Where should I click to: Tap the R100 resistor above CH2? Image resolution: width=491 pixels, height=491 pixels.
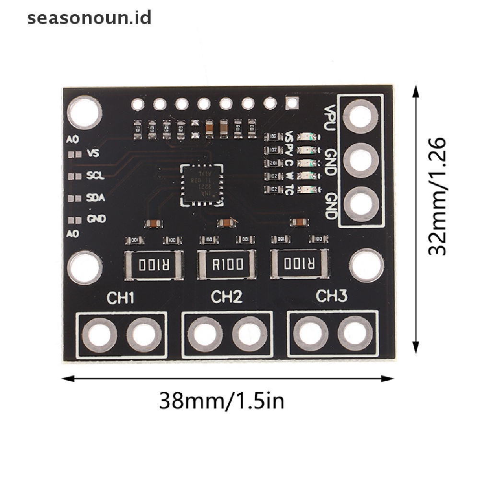[x=226, y=264]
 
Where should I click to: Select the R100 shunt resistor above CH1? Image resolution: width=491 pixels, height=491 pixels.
[x=153, y=264]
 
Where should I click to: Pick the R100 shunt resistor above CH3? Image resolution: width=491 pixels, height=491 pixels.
[x=299, y=264]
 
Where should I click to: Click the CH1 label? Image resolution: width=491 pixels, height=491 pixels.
[x=120, y=298]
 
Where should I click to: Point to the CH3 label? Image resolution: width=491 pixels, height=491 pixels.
[x=331, y=297]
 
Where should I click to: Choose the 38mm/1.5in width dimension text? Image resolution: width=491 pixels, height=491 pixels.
[x=222, y=400]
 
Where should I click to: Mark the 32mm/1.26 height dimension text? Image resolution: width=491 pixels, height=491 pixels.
[x=437, y=197]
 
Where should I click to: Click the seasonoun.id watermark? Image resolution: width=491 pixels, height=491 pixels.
[x=89, y=18]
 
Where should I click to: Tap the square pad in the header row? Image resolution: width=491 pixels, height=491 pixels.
[x=292, y=102]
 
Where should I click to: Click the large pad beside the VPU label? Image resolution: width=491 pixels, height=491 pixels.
[x=361, y=118]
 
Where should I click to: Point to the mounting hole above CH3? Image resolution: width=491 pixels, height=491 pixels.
[x=366, y=265]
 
